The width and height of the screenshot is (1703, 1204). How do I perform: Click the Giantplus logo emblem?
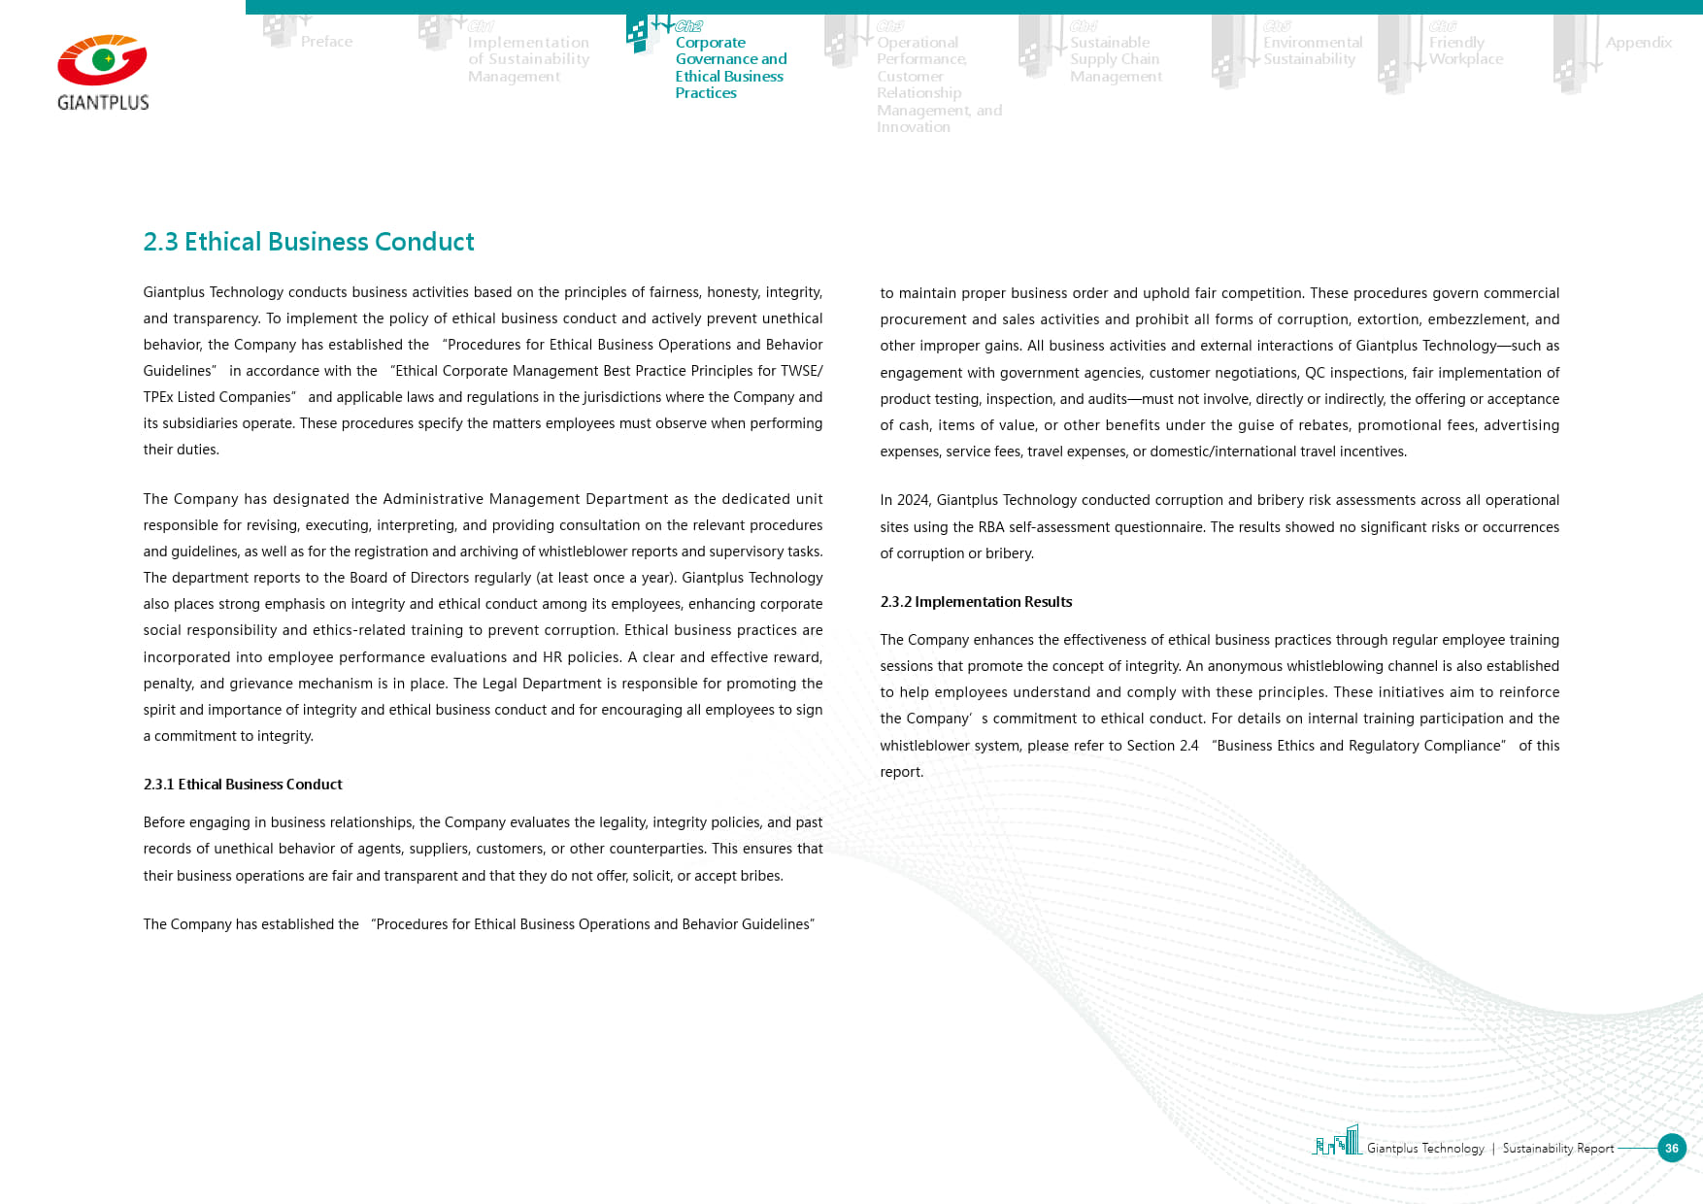[102, 61]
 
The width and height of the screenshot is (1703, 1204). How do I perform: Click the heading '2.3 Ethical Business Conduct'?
[308, 242]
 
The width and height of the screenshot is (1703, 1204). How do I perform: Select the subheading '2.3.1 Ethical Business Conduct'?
[243, 785]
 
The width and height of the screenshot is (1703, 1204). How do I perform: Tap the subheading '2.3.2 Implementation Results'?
[976, 602]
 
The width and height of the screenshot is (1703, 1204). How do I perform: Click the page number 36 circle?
[1671, 1148]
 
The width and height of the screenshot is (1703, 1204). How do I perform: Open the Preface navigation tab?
[326, 42]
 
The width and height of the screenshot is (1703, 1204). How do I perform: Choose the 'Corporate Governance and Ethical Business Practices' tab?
[730, 67]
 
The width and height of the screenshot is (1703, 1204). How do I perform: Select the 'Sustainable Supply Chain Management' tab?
[1115, 59]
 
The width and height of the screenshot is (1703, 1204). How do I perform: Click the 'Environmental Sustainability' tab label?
[1312, 50]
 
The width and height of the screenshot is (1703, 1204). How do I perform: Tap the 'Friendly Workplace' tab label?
[1465, 50]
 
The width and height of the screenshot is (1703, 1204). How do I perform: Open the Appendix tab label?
[1638, 43]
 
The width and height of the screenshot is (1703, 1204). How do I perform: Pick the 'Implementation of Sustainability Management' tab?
[528, 59]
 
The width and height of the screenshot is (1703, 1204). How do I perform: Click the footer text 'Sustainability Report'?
[1557, 1149]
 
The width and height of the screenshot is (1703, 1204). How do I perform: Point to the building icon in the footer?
[1337, 1141]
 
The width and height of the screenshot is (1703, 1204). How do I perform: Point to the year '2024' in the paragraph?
[913, 500]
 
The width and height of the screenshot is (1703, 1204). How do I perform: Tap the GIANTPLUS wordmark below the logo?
[103, 103]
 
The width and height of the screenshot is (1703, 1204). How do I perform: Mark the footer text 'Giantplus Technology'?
[1425, 1149]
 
